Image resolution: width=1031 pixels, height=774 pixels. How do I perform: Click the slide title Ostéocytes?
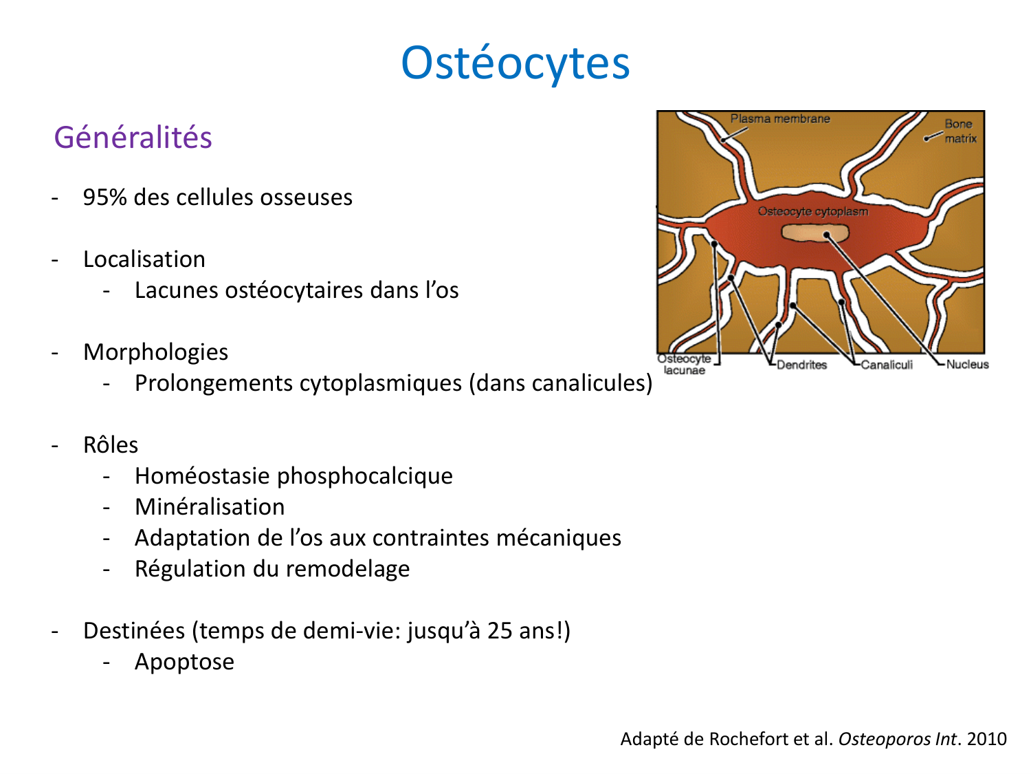pos(515,63)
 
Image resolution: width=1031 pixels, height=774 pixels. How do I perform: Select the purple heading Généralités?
pos(133,138)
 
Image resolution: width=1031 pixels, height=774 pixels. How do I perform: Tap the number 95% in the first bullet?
pos(105,197)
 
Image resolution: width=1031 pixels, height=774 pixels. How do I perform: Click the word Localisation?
pos(144,259)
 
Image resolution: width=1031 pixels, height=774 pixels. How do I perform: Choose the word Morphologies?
pos(155,352)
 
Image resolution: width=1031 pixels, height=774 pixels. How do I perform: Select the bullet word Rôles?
pos(111,445)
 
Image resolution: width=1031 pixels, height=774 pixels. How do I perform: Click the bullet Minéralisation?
pos(210,507)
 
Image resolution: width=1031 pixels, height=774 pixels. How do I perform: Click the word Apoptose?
pos(184,662)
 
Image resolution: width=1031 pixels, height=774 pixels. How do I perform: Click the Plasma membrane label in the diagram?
pos(780,119)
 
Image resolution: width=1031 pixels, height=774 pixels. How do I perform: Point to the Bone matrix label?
pos(960,131)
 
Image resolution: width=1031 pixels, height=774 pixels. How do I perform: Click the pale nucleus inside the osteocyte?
pos(814,234)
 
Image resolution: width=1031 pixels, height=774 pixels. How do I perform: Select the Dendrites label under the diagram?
pos(801,365)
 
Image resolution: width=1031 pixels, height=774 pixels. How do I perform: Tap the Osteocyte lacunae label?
pos(684,365)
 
